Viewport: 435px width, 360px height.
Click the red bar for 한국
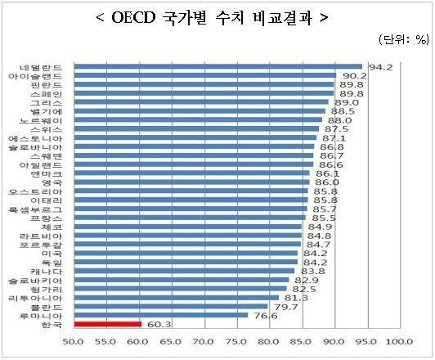[107, 323]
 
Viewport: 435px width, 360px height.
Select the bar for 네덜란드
[217, 66]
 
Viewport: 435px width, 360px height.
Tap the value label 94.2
[375, 66]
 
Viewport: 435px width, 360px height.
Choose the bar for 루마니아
[160, 314]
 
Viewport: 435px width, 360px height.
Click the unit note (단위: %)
[402, 39]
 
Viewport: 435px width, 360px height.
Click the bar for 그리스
[200, 102]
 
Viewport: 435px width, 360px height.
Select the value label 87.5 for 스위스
[336, 128]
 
